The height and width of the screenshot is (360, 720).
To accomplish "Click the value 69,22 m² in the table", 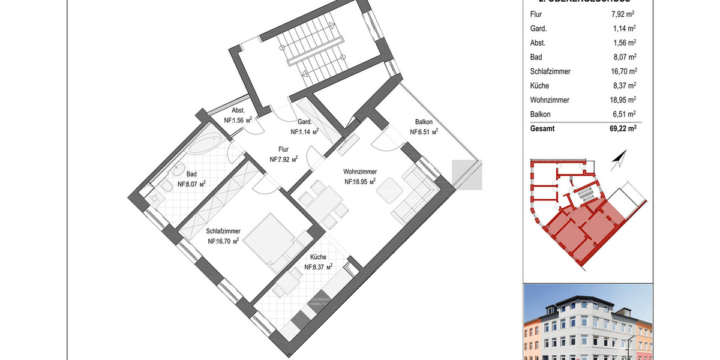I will click(x=619, y=128).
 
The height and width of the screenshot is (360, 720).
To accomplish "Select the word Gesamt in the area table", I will click(x=543, y=128).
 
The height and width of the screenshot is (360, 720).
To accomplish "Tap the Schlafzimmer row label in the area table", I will click(x=550, y=71).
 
